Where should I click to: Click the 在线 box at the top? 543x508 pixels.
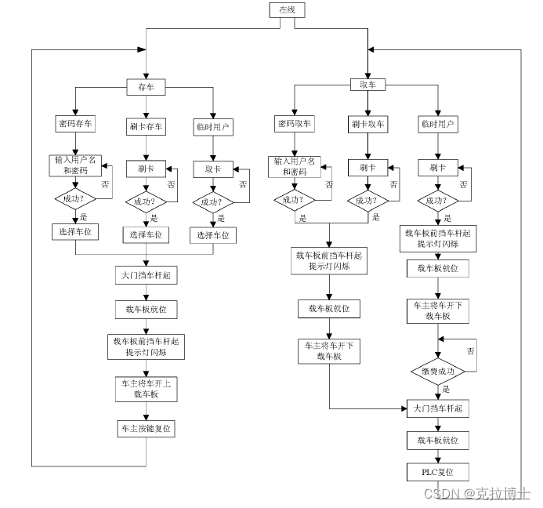tap(283, 9)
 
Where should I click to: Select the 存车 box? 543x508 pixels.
tap(146, 87)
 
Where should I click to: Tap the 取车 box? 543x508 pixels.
tap(368, 85)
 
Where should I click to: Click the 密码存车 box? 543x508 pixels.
tap(75, 124)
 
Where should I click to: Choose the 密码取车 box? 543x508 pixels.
tap(294, 124)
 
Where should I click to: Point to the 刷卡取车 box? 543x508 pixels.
tap(367, 124)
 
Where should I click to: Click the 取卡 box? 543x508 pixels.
tap(213, 169)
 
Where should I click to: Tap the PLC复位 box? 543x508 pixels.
tap(438, 472)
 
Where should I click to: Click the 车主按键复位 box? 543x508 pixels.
tap(146, 428)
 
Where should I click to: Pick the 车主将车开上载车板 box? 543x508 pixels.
tap(146, 390)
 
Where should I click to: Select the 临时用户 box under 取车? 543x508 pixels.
tap(438, 124)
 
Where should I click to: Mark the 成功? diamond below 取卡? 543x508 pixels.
tap(213, 202)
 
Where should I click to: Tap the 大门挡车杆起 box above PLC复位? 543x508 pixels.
tap(438, 408)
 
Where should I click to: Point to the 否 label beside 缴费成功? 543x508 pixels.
tap(471, 350)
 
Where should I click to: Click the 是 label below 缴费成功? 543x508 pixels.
tap(446, 390)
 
